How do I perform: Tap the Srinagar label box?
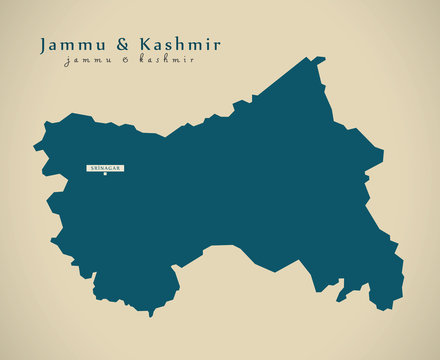(x=104, y=169)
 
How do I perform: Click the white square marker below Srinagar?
(x=104, y=177)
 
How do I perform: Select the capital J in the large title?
(x=43, y=46)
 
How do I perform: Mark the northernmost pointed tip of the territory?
(x=322, y=58)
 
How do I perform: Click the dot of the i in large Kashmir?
(x=207, y=39)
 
